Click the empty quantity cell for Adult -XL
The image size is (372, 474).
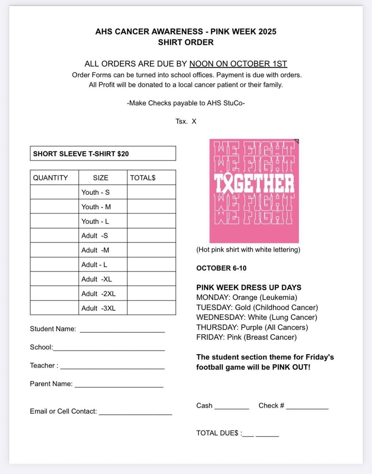point(55,279)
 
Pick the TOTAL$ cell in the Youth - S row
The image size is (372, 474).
point(151,192)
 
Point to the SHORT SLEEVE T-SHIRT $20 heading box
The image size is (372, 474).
point(103,153)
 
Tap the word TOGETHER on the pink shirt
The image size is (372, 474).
point(254,184)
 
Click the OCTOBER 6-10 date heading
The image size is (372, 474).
point(221,268)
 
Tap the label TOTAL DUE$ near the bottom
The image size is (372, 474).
point(217,433)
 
